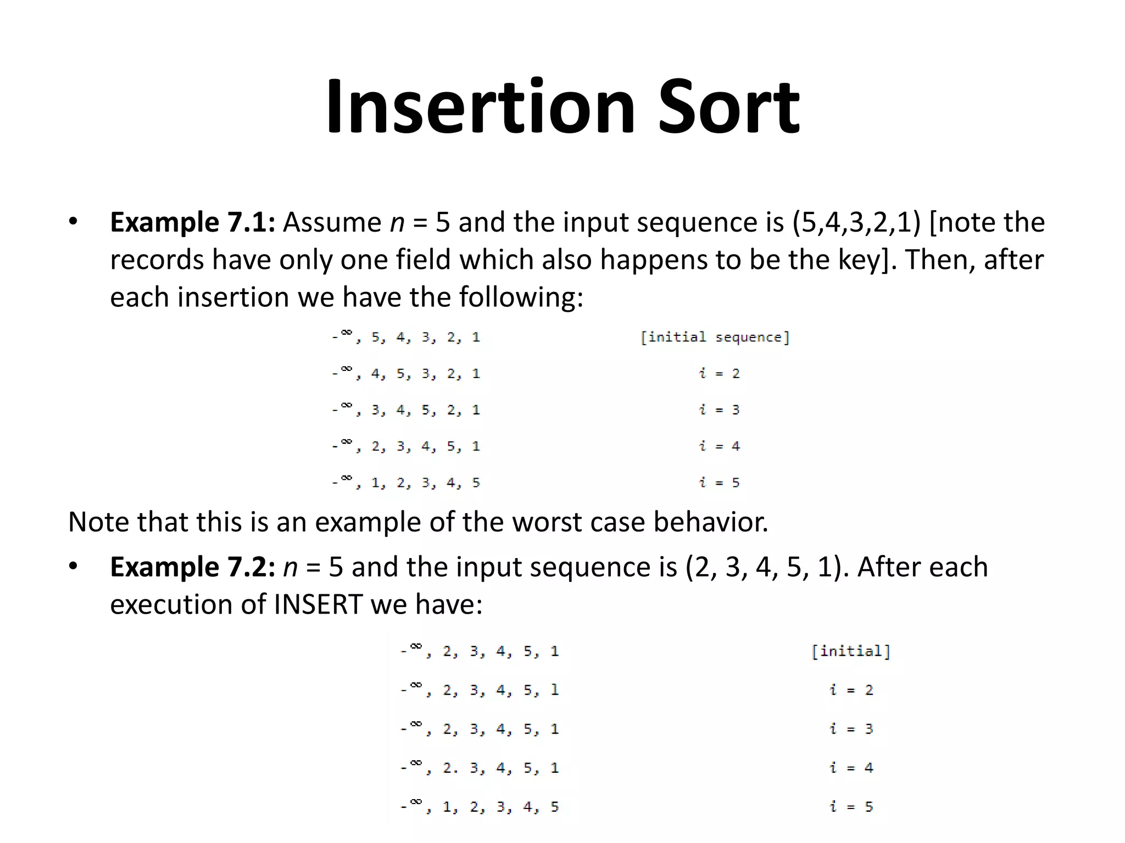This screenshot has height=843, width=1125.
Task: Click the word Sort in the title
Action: pos(728,107)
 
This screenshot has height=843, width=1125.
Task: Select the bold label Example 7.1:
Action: pos(193,222)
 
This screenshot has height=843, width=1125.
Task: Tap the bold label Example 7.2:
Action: pos(193,567)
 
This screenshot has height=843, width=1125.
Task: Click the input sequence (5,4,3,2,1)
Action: pos(856,222)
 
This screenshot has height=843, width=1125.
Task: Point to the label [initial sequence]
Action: pos(715,337)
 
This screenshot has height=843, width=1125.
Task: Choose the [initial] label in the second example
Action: pos(851,651)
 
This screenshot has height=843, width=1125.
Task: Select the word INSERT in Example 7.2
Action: pos(318,604)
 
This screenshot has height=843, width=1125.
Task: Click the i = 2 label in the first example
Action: pos(719,374)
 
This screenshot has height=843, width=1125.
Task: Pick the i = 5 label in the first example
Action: pos(719,483)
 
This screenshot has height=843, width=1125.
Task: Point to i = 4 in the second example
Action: pos(851,768)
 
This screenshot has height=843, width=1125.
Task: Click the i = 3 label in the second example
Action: pos(851,729)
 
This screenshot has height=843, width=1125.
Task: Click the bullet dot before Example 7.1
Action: pos(73,222)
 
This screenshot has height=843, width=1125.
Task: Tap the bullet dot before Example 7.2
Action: pos(73,566)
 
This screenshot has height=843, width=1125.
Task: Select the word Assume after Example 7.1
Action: pos(332,222)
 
